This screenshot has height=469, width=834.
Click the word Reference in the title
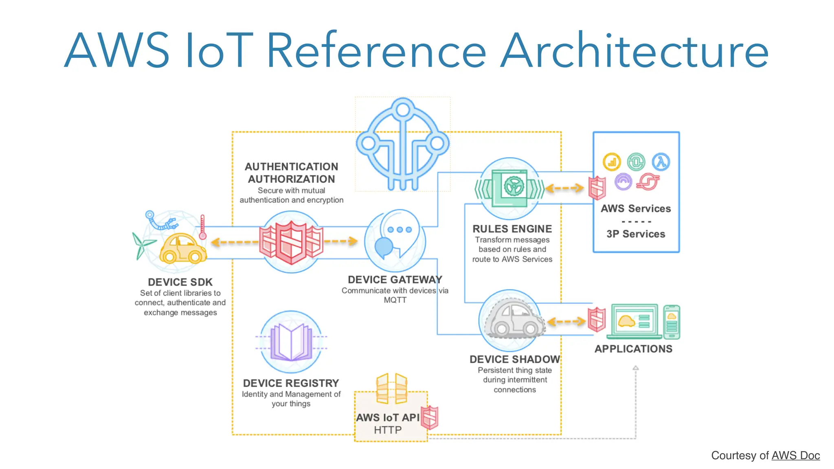[x=376, y=51]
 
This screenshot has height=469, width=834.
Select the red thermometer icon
[x=202, y=227]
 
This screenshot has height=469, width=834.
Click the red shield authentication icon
[x=292, y=242]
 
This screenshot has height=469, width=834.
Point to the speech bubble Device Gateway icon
[x=395, y=240]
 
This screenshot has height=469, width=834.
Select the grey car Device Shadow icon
[x=513, y=320]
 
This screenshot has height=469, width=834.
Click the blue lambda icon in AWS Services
[x=661, y=162]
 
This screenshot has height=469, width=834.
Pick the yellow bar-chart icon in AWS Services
[x=612, y=162]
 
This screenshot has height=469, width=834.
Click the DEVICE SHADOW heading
[x=515, y=359]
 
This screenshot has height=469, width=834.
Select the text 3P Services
[x=636, y=234]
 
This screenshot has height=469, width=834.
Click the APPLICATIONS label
[x=633, y=349]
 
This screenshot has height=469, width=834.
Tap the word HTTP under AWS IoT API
[x=388, y=430]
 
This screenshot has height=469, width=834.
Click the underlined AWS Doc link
[x=795, y=456]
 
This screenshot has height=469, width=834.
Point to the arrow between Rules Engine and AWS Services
[x=564, y=188]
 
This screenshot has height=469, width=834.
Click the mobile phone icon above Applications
[x=672, y=322]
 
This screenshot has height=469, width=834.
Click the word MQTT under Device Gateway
[x=395, y=300]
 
